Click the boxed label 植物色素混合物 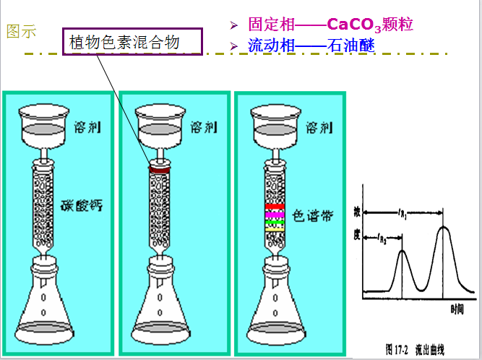click(134, 43)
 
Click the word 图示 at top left click(21, 32)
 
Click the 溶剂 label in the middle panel click(205, 128)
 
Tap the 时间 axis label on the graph click(457, 309)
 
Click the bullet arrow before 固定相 click(234, 26)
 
